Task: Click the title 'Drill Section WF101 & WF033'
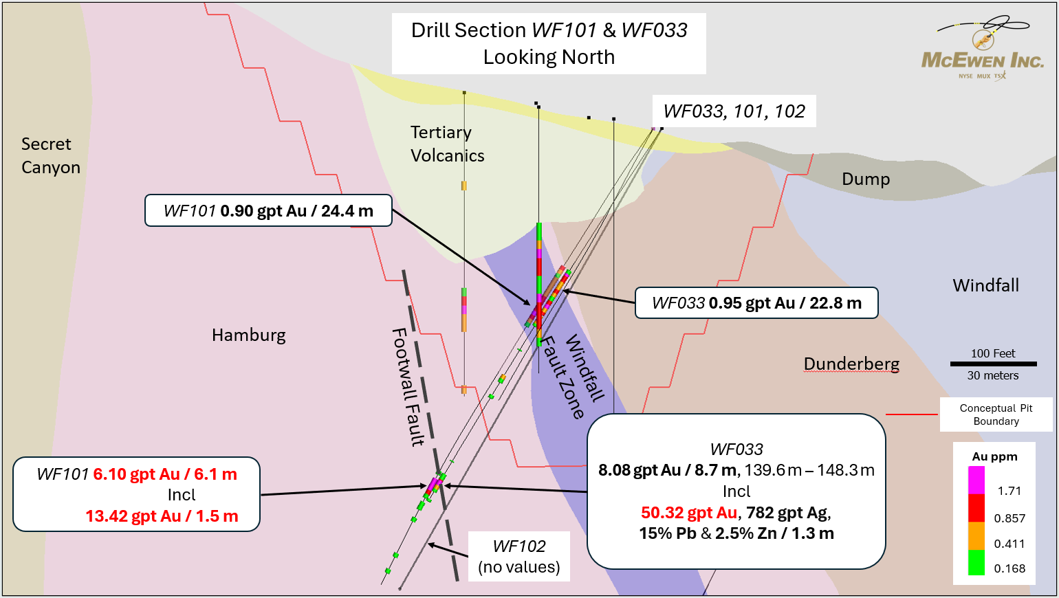549,30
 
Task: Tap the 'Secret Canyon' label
50,155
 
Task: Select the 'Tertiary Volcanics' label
447,144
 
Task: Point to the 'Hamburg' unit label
248,335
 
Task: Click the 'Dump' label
865,179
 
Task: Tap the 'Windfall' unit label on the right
985,285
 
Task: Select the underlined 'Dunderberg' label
851,364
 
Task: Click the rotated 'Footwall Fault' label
408,387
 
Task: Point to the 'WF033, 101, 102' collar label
734,111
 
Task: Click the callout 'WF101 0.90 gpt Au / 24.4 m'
268,211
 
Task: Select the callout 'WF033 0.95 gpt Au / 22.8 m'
756,303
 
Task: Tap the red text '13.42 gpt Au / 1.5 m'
162,516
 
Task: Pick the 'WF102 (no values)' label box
518,557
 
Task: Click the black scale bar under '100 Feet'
993,364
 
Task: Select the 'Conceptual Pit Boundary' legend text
996,414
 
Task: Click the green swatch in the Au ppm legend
976,562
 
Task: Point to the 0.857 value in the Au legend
1009,518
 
